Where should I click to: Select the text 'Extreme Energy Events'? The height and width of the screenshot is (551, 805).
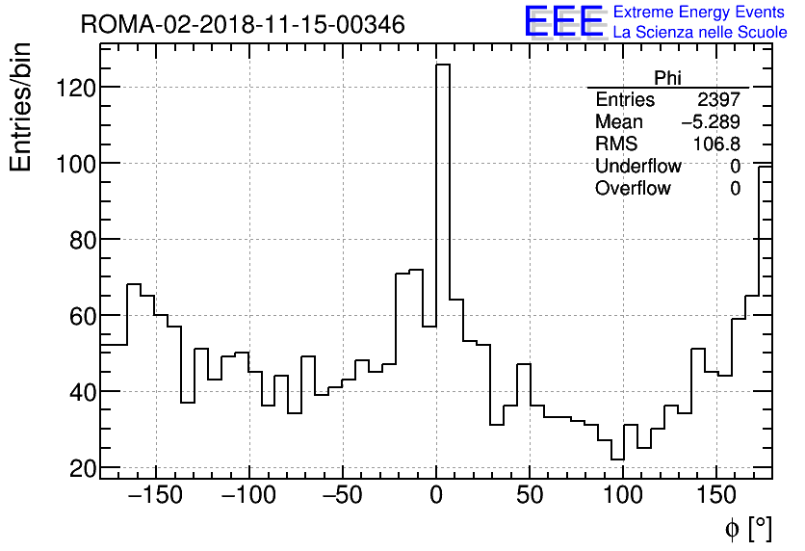pyautogui.click(x=700, y=13)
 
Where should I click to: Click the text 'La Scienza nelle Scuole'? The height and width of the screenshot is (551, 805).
pyautogui.click(x=700, y=33)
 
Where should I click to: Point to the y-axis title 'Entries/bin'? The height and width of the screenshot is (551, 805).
pyautogui.click(x=21, y=108)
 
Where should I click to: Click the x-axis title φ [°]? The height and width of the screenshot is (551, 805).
pyautogui.click(x=746, y=528)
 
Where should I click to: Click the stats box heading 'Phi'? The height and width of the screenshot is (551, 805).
pyautogui.click(x=667, y=78)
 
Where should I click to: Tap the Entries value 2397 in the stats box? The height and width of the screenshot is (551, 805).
pyautogui.click(x=718, y=100)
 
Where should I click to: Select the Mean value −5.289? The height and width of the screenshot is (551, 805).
pyautogui.click(x=711, y=122)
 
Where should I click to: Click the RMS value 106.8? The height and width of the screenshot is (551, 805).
pyautogui.click(x=716, y=144)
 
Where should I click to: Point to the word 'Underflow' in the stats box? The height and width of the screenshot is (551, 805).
pyautogui.click(x=637, y=167)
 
